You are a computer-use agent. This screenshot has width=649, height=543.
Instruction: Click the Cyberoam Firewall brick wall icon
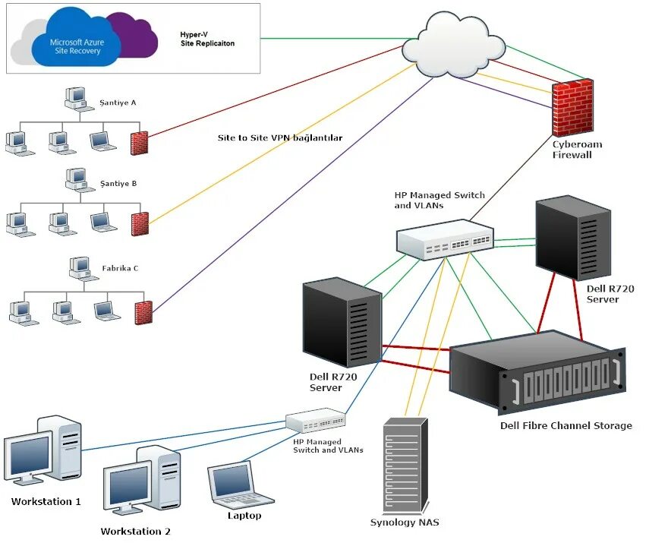(x=572, y=108)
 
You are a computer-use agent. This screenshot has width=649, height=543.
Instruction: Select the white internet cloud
(x=454, y=45)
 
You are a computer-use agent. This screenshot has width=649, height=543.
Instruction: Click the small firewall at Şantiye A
(x=140, y=144)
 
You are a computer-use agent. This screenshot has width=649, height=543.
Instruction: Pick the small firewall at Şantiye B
(x=140, y=224)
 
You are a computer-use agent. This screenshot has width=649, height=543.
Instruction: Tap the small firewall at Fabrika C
(x=143, y=312)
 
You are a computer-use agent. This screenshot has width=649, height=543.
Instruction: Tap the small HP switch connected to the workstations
(x=316, y=421)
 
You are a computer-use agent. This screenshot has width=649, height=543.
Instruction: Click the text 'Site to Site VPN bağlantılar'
(x=280, y=138)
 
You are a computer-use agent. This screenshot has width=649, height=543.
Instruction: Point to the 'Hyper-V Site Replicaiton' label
(x=207, y=39)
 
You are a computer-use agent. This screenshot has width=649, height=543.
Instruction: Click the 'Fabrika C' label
(x=120, y=268)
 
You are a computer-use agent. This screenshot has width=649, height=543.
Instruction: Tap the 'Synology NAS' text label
(x=405, y=522)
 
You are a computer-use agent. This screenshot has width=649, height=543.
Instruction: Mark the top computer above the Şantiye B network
(x=79, y=179)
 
